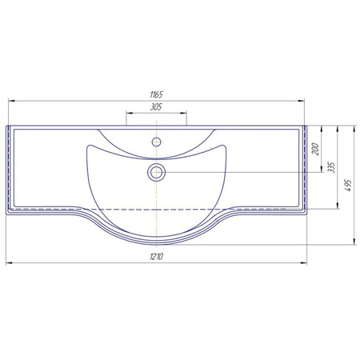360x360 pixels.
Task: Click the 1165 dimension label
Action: pos(156,94)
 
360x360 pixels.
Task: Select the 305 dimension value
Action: pos(156,107)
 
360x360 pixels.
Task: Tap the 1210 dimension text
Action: pos(157,257)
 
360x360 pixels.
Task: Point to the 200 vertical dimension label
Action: pos(315,150)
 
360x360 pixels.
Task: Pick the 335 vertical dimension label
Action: pos(331,167)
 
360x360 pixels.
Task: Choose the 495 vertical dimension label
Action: pos(348,185)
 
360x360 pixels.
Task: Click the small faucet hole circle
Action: pos(156,142)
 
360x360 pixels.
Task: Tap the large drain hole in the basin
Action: pos(156,172)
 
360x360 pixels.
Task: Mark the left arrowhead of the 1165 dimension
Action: pos(11,101)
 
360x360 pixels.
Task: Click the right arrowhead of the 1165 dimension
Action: pos(301,101)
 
